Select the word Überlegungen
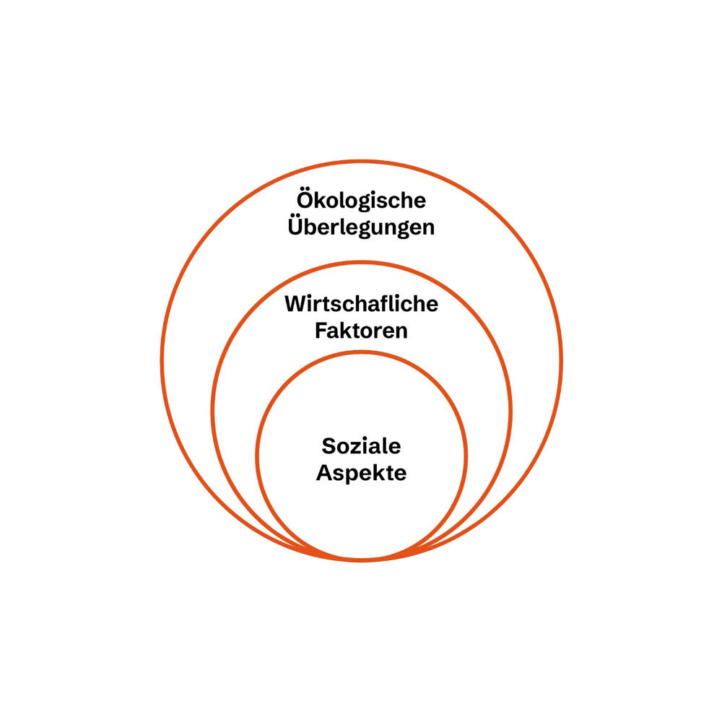coord(361,227)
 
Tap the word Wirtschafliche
coord(362,304)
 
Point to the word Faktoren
coord(362,331)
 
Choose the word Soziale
coord(362,446)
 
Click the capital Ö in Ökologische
coord(305,199)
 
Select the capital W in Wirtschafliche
coord(295,304)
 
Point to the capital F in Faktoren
coord(322,331)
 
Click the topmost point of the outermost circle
coord(362,162)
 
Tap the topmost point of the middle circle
coord(362,263)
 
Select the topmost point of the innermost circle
coord(362,352)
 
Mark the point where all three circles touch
coord(362,560)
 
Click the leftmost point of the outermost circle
coord(162,361)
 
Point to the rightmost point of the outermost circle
coord(561,361)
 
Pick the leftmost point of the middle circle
coord(213,412)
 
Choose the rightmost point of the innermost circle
coord(466,456)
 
